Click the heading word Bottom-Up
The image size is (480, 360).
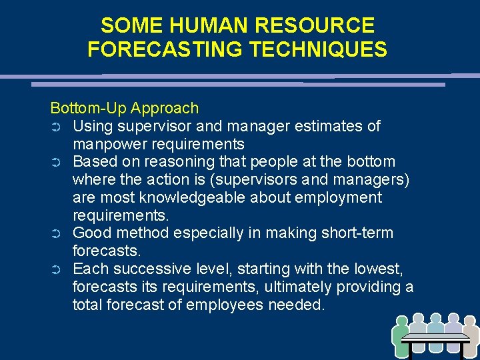88,108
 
